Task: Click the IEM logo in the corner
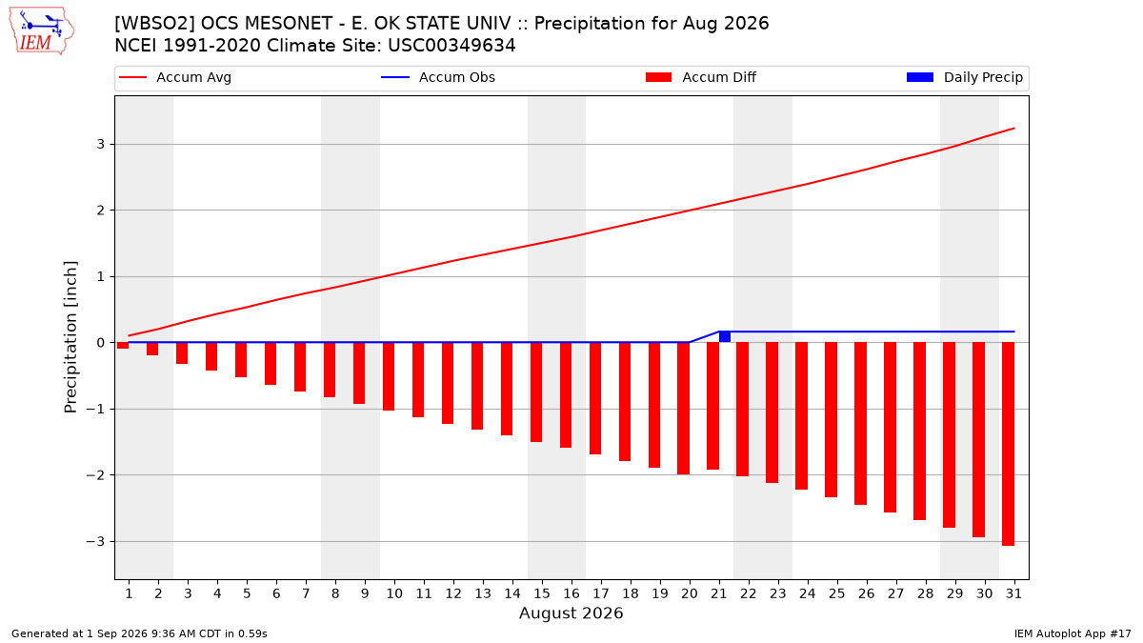coord(42,31)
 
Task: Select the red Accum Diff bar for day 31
coord(1009,444)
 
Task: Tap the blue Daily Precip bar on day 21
coord(725,337)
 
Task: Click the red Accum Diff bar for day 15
coord(536,392)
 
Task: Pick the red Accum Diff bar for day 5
coord(241,360)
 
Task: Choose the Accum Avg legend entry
coord(175,77)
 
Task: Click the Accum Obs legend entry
coord(438,77)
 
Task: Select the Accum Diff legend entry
coord(701,77)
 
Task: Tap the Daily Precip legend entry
coord(964,77)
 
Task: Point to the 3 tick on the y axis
coord(101,145)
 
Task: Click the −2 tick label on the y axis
coord(95,475)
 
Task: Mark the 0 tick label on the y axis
coord(101,343)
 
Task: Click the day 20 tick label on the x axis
coord(690,593)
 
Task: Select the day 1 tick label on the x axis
coord(129,593)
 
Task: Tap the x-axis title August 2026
coord(571,613)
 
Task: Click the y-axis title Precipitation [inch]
coord(70,337)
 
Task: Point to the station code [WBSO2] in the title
coord(153,24)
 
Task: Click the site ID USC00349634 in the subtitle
coord(451,46)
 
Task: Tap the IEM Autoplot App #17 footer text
coord(1073,633)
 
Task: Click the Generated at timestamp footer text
coord(139,633)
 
